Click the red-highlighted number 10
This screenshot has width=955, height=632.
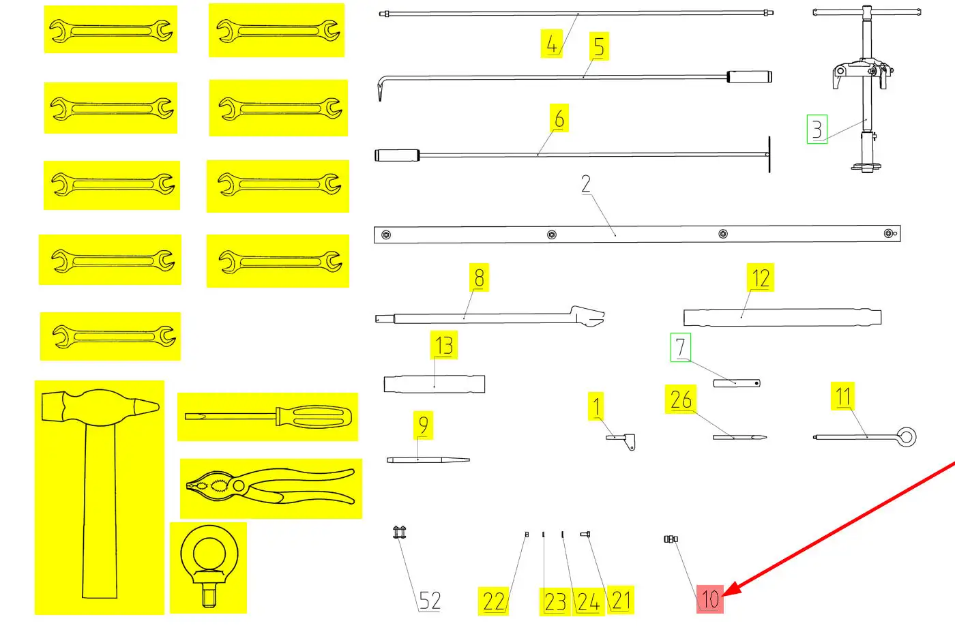click(x=710, y=599)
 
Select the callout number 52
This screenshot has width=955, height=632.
click(x=429, y=601)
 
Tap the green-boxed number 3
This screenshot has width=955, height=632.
click(x=817, y=129)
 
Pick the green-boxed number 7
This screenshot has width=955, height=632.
click(x=680, y=347)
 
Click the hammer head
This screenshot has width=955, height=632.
click(x=100, y=406)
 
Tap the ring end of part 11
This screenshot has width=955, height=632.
click(x=906, y=437)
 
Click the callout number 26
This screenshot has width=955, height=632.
click(x=681, y=400)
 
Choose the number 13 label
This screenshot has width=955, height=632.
click(x=444, y=346)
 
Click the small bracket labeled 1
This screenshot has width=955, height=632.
click(x=622, y=439)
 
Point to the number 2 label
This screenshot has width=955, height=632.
click(x=586, y=184)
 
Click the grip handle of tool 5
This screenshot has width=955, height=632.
click(x=748, y=76)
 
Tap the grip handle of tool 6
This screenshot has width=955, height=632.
click(x=396, y=155)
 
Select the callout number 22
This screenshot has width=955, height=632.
click(x=493, y=601)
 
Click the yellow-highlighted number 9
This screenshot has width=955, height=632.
click(x=423, y=425)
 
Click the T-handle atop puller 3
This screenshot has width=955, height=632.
click(x=866, y=12)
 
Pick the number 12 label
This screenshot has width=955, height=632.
click(x=761, y=278)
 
